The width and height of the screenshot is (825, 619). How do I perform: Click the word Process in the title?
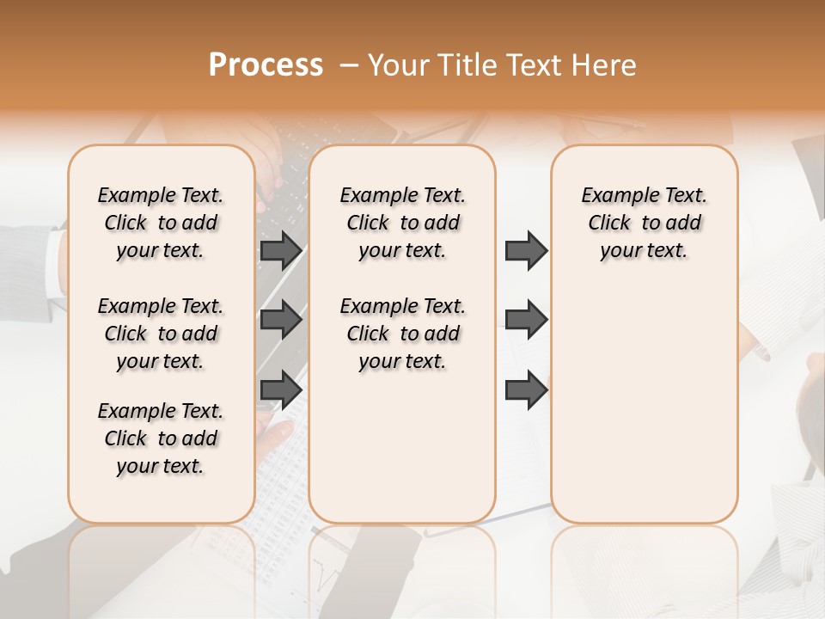click(266, 65)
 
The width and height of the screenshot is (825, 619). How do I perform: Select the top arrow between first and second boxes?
click(281, 250)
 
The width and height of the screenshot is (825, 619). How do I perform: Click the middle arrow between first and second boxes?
click(281, 320)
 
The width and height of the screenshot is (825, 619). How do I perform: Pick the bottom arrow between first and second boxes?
click(281, 390)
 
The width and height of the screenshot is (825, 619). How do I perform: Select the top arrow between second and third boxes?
click(526, 250)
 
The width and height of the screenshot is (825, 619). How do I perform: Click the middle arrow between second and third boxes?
click(526, 320)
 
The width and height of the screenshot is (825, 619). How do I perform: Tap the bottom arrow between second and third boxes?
click(526, 390)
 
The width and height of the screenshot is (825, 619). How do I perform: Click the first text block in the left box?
click(161, 223)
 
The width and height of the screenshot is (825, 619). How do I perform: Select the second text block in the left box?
click(161, 334)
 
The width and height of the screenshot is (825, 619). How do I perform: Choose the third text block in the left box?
click(161, 438)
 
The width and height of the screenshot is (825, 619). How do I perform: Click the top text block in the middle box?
click(402, 223)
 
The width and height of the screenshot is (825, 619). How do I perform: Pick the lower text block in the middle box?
click(402, 334)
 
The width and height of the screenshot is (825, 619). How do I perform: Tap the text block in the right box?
click(644, 223)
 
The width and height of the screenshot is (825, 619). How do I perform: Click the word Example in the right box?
click(614, 195)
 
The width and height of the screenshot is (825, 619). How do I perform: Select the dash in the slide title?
click(349, 65)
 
